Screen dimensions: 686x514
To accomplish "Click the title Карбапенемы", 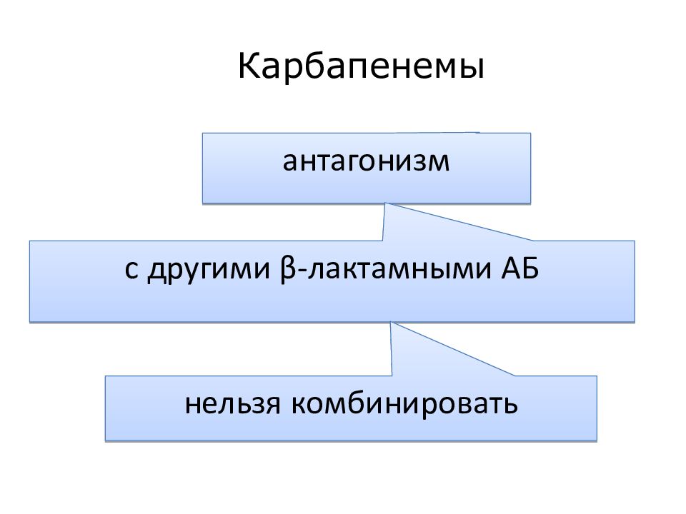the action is pos(362,66).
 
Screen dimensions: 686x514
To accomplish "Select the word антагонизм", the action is pos(366,161).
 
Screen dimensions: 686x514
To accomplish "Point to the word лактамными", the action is pos(399,270).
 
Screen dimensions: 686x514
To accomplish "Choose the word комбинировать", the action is pos(404,403).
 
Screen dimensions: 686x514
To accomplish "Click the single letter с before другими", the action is pos(131,270).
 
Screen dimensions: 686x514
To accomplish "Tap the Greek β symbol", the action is pos(288,270).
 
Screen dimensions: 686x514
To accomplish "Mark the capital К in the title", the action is pos(248,66).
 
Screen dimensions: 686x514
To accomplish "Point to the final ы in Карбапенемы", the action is pos(472,69).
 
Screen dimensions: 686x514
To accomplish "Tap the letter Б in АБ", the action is pos(530,268).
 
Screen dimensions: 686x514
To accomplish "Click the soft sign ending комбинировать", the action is pos(510,405).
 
